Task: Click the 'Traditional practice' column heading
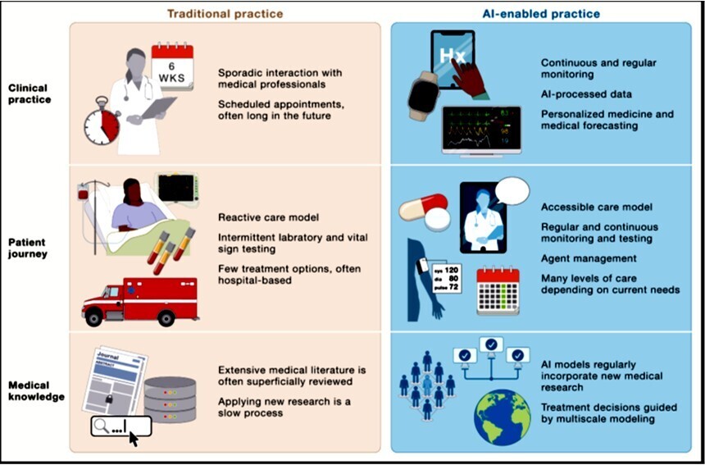tap(225, 13)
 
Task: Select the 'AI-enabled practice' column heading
tap(540, 13)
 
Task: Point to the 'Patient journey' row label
tap(30, 248)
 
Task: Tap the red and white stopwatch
tap(102, 124)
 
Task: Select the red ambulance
tap(139, 300)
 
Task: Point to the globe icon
tap(501, 417)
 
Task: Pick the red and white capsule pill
tap(423, 207)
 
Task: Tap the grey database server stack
tap(170, 399)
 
